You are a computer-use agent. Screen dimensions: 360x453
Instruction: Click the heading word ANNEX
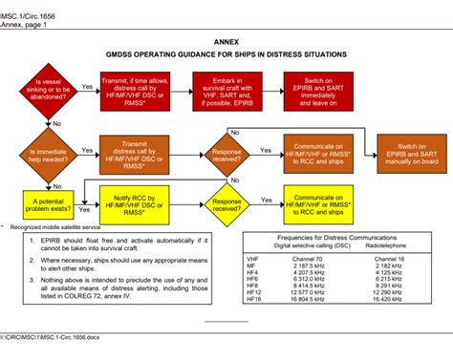(x=226, y=43)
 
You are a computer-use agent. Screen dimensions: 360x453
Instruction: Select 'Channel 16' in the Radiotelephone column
(x=390, y=258)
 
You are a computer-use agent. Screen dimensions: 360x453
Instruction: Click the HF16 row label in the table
(x=253, y=299)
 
